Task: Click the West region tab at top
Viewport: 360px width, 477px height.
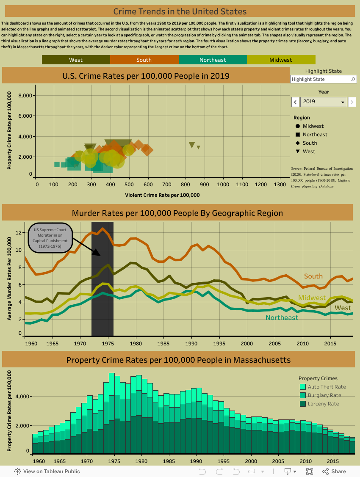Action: click(x=76, y=60)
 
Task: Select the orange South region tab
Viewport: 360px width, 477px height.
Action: click(x=144, y=60)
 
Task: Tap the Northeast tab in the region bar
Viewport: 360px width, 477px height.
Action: click(x=213, y=60)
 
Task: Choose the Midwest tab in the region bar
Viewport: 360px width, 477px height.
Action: click(x=281, y=60)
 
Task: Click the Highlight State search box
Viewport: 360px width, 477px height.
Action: click(x=320, y=79)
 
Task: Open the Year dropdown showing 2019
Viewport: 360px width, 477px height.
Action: click(x=324, y=102)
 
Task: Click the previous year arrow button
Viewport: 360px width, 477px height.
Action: click(x=296, y=102)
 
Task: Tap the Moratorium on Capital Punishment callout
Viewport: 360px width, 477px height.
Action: click(x=51, y=238)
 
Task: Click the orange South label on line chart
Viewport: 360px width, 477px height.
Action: click(x=313, y=276)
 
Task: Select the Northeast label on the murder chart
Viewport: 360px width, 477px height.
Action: click(x=282, y=318)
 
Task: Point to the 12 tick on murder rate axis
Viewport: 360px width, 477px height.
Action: click(x=19, y=232)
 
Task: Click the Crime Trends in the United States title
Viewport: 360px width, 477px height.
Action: click(x=180, y=11)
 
